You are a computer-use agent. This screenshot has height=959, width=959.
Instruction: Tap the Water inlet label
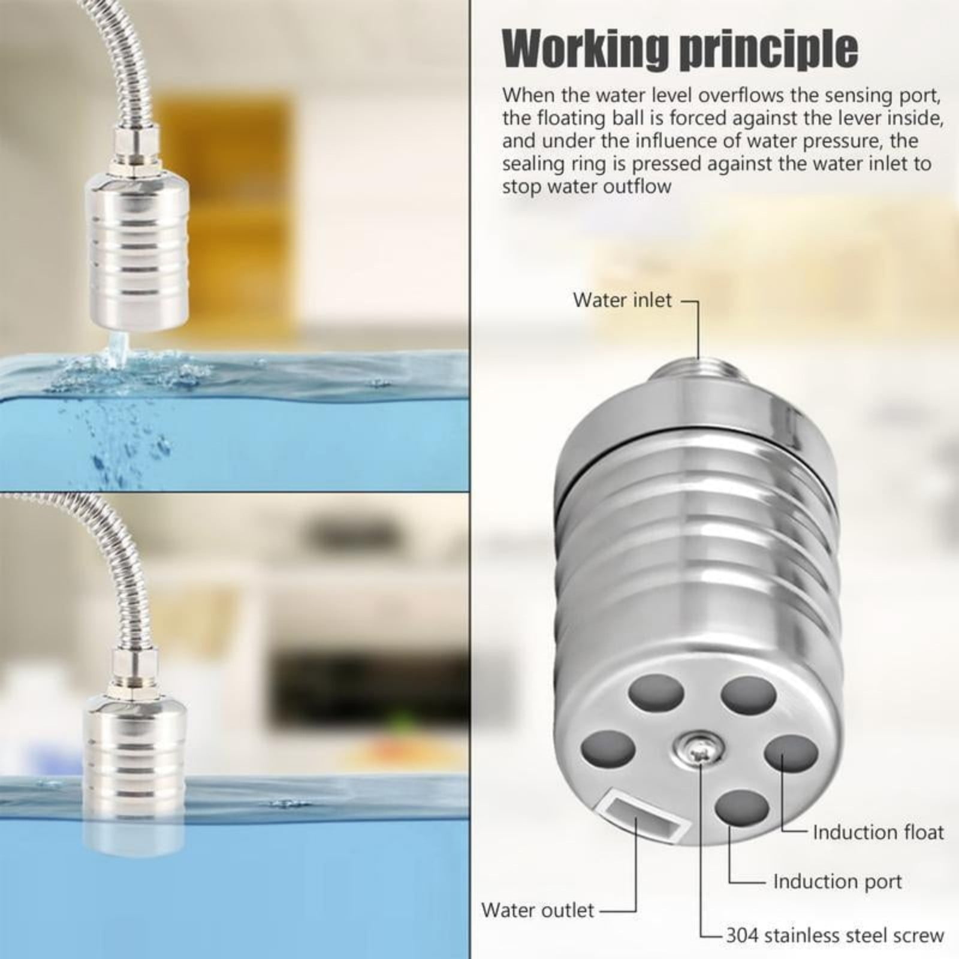click(x=622, y=300)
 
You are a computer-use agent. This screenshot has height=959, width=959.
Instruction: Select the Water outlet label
click(x=538, y=910)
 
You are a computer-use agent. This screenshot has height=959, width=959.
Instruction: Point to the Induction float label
click(x=877, y=832)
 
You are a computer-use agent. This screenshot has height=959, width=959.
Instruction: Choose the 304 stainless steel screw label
click(x=834, y=935)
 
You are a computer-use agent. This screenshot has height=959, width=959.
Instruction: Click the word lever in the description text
click(x=816, y=117)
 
